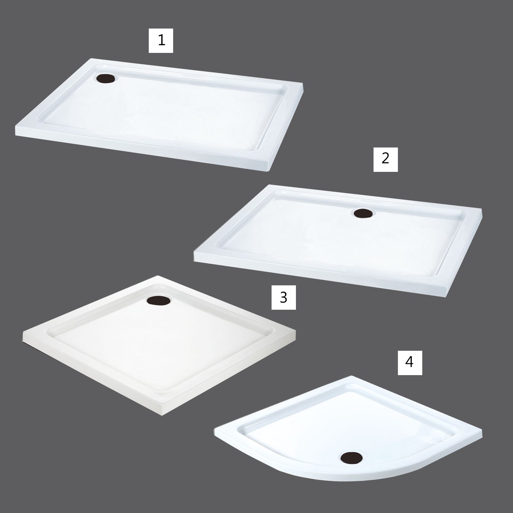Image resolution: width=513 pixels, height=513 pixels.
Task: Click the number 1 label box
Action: click(x=161, y=40)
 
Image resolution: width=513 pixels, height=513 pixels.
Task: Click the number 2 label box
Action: click(x=386, y=159)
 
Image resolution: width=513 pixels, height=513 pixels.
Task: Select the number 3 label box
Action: click(x=284, y=298)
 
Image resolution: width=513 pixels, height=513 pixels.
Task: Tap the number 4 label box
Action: click(x=410, y=363)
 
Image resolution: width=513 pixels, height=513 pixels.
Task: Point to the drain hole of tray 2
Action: click(x=362, y=213)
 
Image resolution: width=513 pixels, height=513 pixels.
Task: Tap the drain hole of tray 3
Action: click(x=159, y=300)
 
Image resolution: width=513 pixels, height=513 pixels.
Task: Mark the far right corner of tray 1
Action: click(x=303, y=84)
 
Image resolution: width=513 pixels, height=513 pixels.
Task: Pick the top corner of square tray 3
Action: click(x=157, y=276)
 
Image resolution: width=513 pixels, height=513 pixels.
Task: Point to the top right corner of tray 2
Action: click(x=481, y=211)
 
